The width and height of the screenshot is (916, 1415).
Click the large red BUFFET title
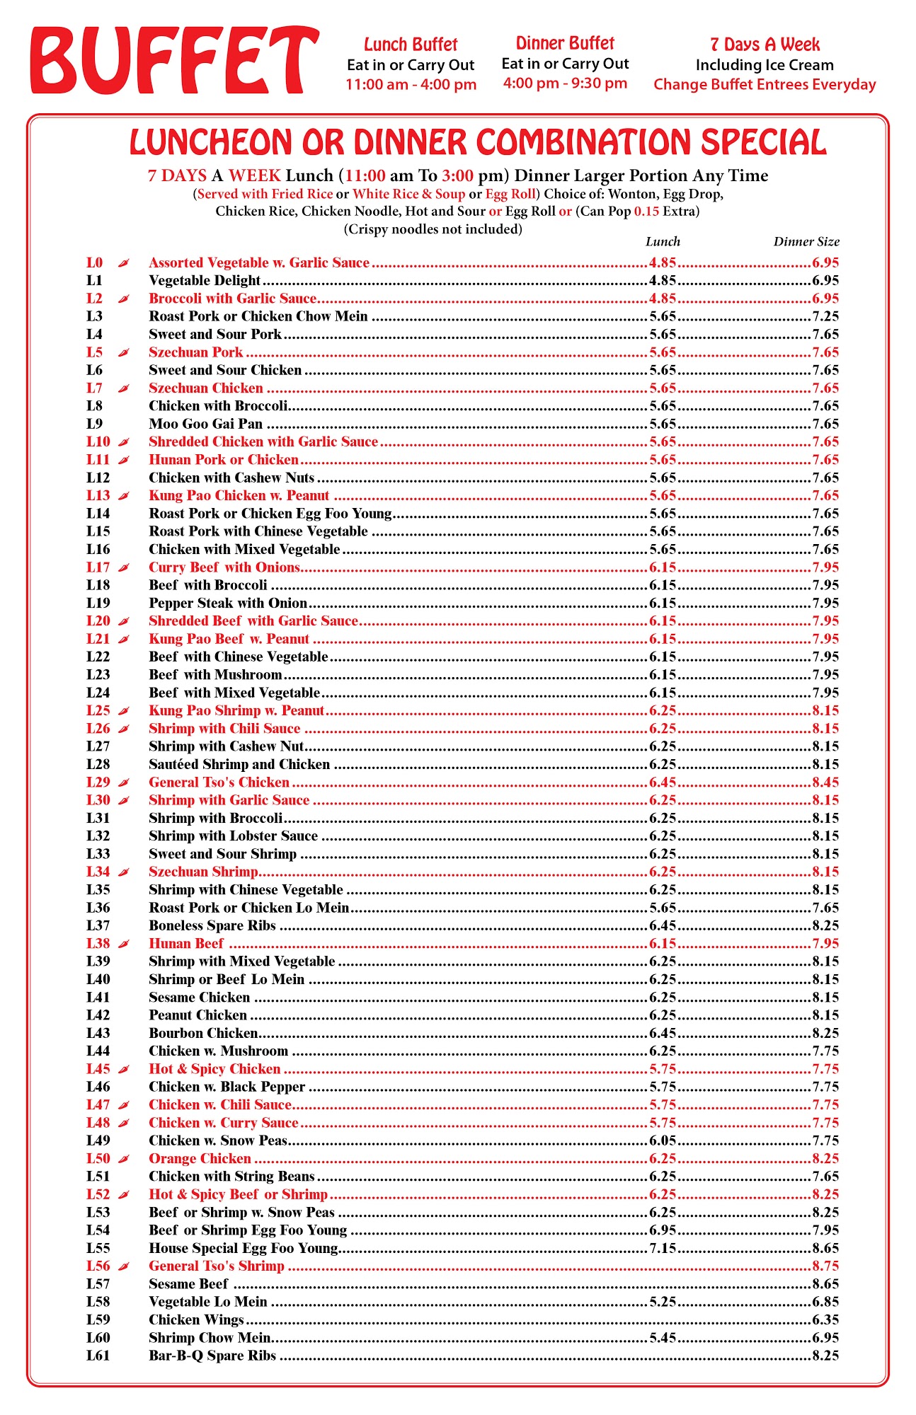click(x=174, y=61)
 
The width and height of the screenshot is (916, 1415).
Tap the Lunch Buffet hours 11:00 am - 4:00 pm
click(x=411, y=85)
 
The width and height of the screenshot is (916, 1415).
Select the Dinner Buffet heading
click(x=565, y=44)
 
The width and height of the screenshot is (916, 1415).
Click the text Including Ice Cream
click(x=765, y=65)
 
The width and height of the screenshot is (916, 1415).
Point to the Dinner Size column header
click(x=806, y=242)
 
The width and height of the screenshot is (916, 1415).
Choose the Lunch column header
click(x=663, y=242)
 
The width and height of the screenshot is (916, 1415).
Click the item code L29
click(x=98, y=782)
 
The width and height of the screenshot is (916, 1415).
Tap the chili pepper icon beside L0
click(x=124, y=263)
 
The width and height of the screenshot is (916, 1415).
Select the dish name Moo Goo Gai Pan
click(x=205, y=424)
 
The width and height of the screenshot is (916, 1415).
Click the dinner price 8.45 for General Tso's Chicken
click(x=825, y=782)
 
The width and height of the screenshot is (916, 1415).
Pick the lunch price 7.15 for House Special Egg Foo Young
click(x=663, y=1248)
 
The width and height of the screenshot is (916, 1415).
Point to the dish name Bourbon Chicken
click(x=203, y=1033)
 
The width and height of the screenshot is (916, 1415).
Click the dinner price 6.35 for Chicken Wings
click(x=825, y=1319)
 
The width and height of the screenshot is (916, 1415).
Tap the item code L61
click(x=98, y=1356)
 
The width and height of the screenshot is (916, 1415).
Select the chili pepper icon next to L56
click(x=124, y=1266)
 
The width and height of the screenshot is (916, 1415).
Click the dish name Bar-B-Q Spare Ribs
click(x=212, y=1356)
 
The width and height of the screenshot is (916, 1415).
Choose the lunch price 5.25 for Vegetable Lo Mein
click(x=663, y=1302)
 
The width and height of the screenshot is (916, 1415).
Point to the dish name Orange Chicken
click(x=200, y=1158)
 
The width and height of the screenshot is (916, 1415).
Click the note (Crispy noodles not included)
click(x=433, y=229)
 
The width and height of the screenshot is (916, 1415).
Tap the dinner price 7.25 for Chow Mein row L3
click(x=825, y=316)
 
